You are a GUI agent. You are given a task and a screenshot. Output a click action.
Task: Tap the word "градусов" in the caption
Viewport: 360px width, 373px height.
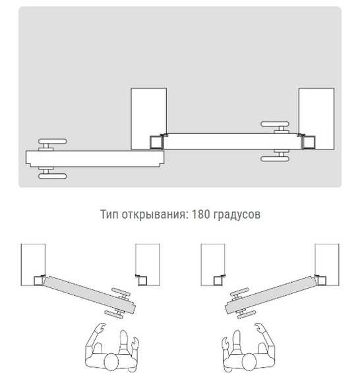coord(237,215)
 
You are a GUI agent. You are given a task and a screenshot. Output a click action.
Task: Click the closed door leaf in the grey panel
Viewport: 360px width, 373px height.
coord(232,141)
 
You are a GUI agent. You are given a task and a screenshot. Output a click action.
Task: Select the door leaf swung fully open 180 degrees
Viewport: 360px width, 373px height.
coord(95,158)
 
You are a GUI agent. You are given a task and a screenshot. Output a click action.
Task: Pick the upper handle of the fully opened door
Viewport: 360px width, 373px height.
coord(52,144)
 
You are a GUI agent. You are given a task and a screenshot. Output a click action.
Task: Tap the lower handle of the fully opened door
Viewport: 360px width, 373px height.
coord(52,173)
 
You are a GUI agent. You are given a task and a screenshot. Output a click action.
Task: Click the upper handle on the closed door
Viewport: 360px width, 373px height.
coord(275,127)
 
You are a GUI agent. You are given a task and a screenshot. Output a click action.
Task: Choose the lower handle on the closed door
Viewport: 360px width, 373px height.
coord(275,156)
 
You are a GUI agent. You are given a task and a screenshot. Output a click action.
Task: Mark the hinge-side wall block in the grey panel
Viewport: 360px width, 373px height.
coord(148,119)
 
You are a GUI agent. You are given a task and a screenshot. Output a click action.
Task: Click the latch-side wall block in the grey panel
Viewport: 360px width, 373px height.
coord(316,119)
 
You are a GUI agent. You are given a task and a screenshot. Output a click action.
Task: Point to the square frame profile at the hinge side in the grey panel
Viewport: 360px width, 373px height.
coord(156,142)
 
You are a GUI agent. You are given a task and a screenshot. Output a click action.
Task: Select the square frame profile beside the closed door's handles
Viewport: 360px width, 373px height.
coord(309,142)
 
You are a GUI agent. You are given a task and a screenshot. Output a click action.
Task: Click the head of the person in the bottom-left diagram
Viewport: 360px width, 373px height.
coord(112,362)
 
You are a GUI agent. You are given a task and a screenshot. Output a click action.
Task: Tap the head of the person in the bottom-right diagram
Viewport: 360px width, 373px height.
coord(249,362)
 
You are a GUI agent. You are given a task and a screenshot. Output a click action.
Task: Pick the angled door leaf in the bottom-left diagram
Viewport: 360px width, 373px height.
coord(89,295)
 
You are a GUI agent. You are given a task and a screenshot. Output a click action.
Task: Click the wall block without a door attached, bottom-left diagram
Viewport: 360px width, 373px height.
coord(148,264)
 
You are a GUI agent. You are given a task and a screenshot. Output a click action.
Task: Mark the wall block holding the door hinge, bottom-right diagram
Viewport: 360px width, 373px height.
coord(327,264)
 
